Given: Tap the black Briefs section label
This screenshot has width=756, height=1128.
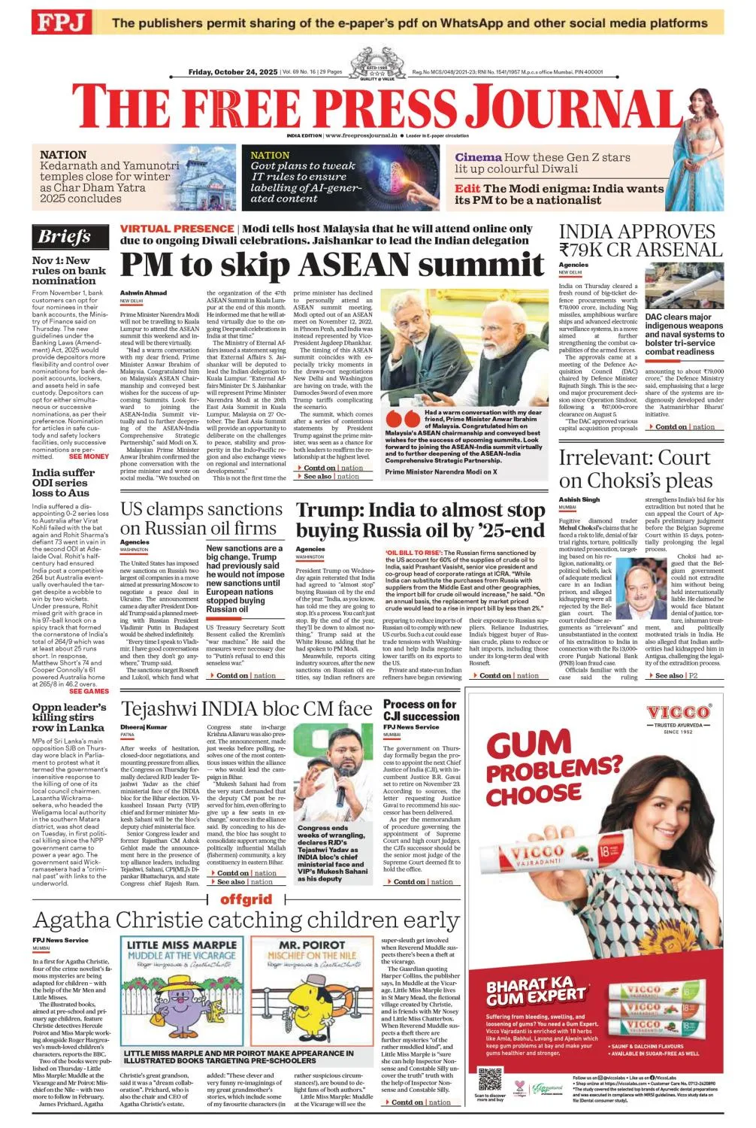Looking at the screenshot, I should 65,237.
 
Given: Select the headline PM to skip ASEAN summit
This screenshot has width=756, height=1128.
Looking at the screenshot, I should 331,265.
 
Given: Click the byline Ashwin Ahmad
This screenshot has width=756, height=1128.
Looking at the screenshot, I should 144,293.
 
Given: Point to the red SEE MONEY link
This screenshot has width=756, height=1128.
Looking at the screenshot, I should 89,456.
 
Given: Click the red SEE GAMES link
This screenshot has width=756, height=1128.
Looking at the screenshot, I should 89,691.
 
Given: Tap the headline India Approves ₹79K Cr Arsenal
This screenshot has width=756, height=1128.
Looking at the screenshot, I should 637,240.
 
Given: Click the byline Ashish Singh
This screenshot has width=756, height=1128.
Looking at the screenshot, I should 579,499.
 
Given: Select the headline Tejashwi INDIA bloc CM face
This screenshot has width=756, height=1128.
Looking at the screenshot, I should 246,709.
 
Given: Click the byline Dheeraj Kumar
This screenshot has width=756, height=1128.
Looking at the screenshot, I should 143,727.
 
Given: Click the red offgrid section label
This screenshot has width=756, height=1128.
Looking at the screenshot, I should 246,899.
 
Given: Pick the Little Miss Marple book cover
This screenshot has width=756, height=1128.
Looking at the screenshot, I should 183,990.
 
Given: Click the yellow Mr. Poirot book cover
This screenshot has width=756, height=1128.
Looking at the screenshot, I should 312,990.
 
